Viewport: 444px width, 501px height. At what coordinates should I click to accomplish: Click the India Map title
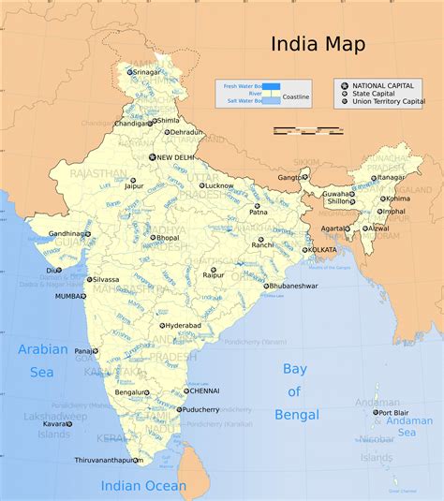click(x=318, y=44)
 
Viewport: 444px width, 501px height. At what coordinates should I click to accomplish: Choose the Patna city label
click(x=258, y=212)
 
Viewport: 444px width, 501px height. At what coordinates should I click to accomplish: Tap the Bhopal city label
click(x=169, y=238)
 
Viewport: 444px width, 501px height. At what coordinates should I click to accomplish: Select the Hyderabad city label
click(x=182, y=325)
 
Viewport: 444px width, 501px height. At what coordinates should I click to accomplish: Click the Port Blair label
click(x=390, y=412)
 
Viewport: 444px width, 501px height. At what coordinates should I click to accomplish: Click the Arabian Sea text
click(x=43, y=360)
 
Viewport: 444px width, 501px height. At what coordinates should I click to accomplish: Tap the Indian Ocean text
click(x=143, y=486)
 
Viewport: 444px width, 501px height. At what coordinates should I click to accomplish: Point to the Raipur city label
click(x=214, y=276)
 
